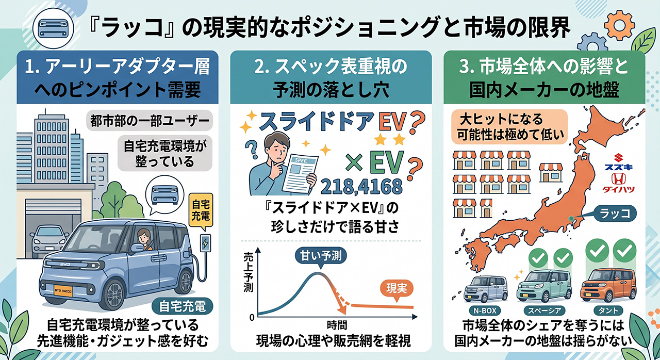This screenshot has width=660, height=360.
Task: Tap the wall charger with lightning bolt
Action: point(206,243)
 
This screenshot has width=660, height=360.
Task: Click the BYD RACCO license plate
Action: point(63,290)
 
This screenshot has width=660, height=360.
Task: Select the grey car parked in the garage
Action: point(49,241)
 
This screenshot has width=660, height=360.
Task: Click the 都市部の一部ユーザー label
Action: point(150,120)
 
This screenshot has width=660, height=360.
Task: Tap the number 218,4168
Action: point(361,187)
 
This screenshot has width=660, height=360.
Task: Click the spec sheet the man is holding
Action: point(300,174)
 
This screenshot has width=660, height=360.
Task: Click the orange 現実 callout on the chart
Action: point(397,289)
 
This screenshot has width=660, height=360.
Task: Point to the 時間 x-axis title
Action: point(337,325)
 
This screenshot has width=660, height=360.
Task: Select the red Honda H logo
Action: point(619,179)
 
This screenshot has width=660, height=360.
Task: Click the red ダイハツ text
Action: point(619,189)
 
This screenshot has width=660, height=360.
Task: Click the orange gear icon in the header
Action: point(620,25)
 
